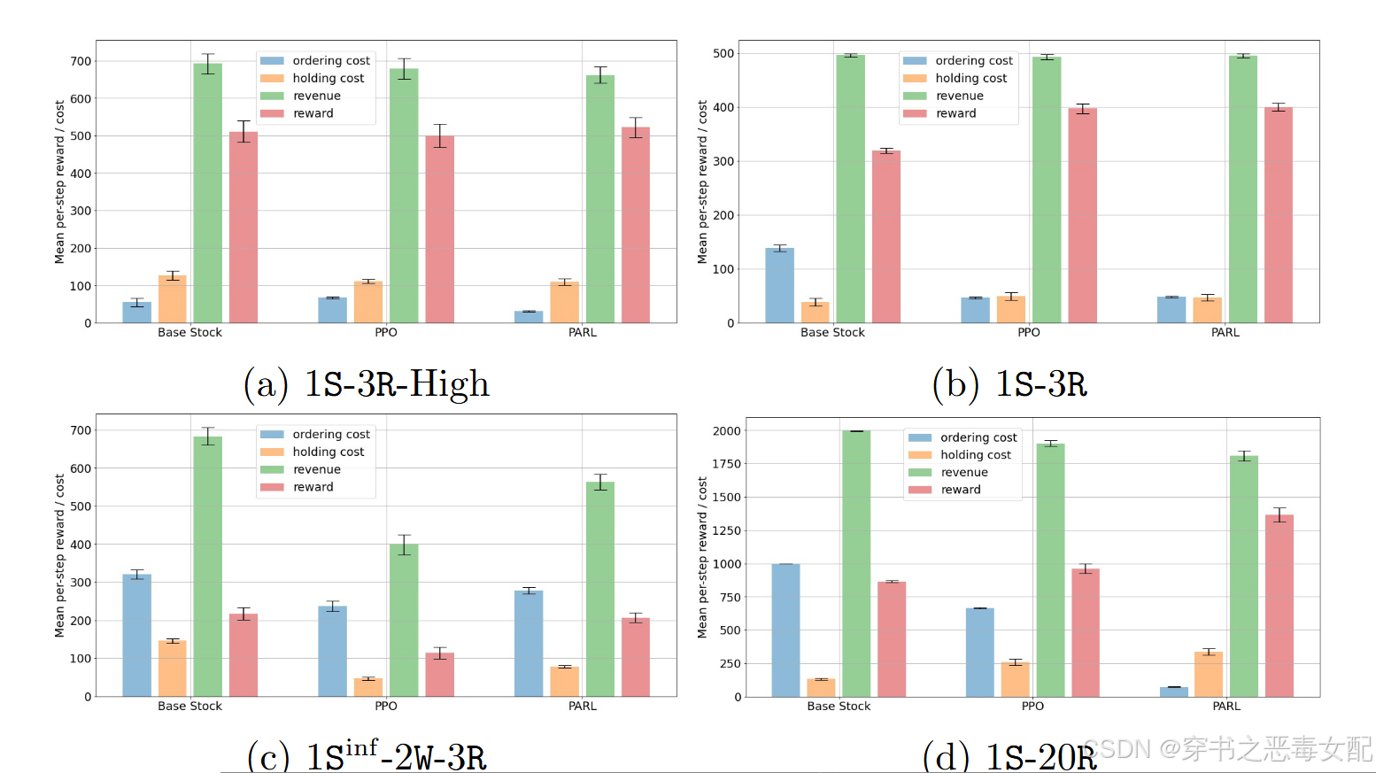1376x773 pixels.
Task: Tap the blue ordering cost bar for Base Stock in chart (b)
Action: click(x=779, y=285)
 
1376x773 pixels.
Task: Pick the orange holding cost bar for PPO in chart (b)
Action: click(x=1011, y=310)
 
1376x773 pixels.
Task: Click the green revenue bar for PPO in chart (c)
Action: click(x=404, y=620)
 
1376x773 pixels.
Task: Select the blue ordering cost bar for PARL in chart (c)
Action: click(x=529, y=643)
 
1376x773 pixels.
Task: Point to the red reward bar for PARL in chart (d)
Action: click(x=1279, y=606)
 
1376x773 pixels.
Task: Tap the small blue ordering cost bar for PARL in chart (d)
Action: click(x=1174, y=692)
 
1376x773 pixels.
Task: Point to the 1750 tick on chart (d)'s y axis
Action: click(x=726, y=464)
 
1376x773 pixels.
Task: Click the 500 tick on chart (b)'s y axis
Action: click(x=723, y=53)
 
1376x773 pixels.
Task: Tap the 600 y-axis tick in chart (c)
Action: click(x=81, y=468)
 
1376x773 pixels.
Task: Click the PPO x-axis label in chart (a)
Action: click(x=386, y=332)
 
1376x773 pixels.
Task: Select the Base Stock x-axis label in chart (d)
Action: click(x=839, y=706)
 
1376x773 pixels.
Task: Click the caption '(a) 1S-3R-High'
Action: click(x=366, y=384)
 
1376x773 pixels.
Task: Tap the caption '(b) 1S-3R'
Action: click(x=1009, y=384)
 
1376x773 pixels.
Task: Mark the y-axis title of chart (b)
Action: click(x=702, y=182)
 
